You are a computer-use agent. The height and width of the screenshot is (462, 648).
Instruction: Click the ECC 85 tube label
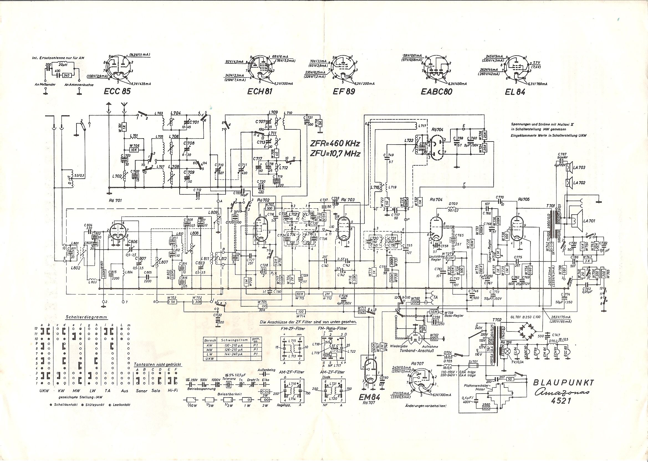(x=117, y=91)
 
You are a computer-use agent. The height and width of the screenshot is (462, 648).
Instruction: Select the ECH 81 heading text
(x=260, y=91)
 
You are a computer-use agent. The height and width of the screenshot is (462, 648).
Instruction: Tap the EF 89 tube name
(x=344, y=91)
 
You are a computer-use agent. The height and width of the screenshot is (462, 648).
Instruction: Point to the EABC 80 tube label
(x=436, y=92)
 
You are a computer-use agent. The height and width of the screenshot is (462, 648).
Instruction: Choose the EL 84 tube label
(x=515, y=92)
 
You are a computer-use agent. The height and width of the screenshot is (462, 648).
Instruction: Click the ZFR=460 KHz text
(x=335, y=143)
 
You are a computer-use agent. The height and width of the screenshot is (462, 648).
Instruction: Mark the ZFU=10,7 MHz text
(x=335, y=154)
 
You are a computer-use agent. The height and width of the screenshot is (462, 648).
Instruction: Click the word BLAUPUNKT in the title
(x=563, y=383)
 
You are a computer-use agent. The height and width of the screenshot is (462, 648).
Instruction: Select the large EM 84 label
(x=369, y=397)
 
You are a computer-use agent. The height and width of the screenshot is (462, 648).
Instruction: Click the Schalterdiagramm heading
(x=86, y=317)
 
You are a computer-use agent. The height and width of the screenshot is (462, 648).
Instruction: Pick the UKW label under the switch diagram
(x=44, y=391)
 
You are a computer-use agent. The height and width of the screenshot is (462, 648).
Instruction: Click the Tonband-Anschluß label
(x=417, y=351)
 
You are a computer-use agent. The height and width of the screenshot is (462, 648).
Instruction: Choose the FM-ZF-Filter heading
(x=293, y=328)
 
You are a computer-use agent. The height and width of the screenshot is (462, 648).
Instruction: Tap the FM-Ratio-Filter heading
(x=332, y=328)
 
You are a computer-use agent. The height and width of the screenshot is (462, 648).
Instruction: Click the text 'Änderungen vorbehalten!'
(x=426, y=406)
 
